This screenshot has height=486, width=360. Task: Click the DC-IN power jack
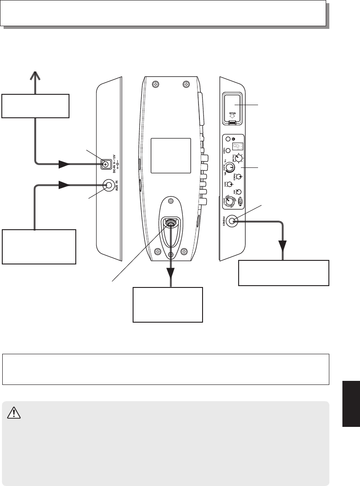[106, 165]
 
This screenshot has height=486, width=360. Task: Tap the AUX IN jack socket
[108, 185]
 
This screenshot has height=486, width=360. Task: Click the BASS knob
[230, 184]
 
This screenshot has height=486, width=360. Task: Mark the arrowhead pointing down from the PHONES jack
[283, 246]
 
